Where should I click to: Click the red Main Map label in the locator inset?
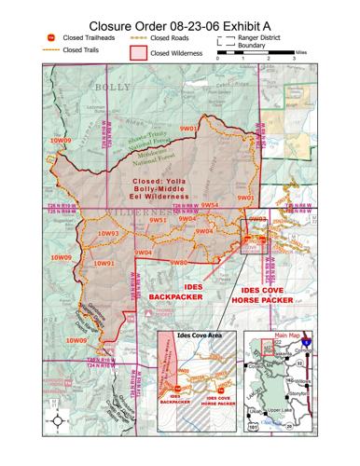[x=287, y=336]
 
